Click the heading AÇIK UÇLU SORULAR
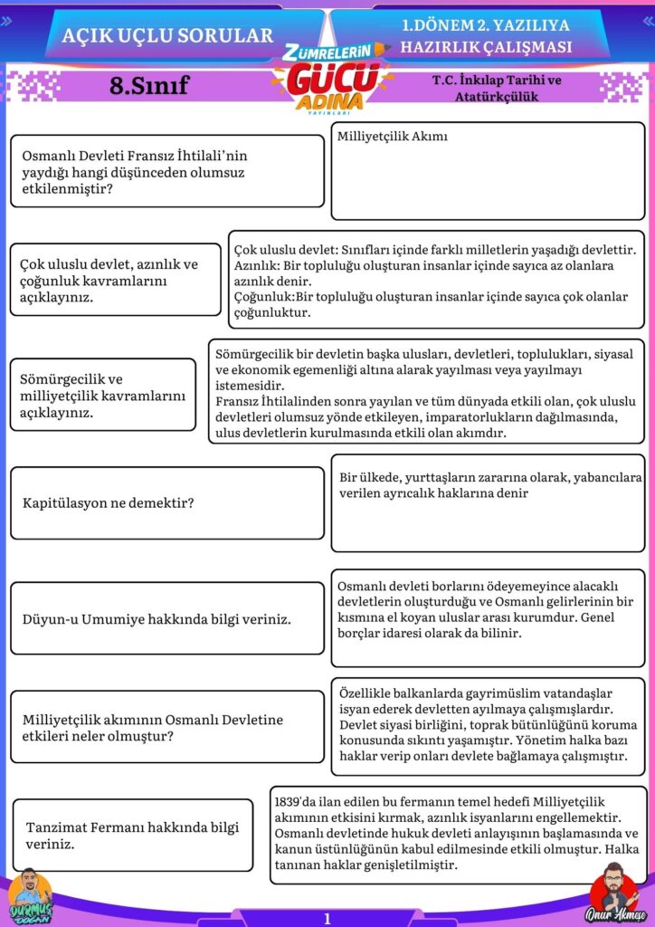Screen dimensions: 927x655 (167, 35)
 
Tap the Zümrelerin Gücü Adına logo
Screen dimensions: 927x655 (327, 78)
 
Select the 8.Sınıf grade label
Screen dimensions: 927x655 (149, 86)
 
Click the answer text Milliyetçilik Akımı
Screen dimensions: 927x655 (393, 137)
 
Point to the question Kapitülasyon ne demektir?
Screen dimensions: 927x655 (108, 502)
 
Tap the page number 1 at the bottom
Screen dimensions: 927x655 (327, 919)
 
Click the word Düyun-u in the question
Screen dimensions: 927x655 (51, 620)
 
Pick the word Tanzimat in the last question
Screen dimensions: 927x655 (59, 827)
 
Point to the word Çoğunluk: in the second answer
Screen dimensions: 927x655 (266, 297)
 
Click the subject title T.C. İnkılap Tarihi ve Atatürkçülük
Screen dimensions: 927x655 (497, 87)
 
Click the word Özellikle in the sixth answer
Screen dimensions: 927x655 (368, 693)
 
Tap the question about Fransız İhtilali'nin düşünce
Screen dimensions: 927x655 (135, 172)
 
